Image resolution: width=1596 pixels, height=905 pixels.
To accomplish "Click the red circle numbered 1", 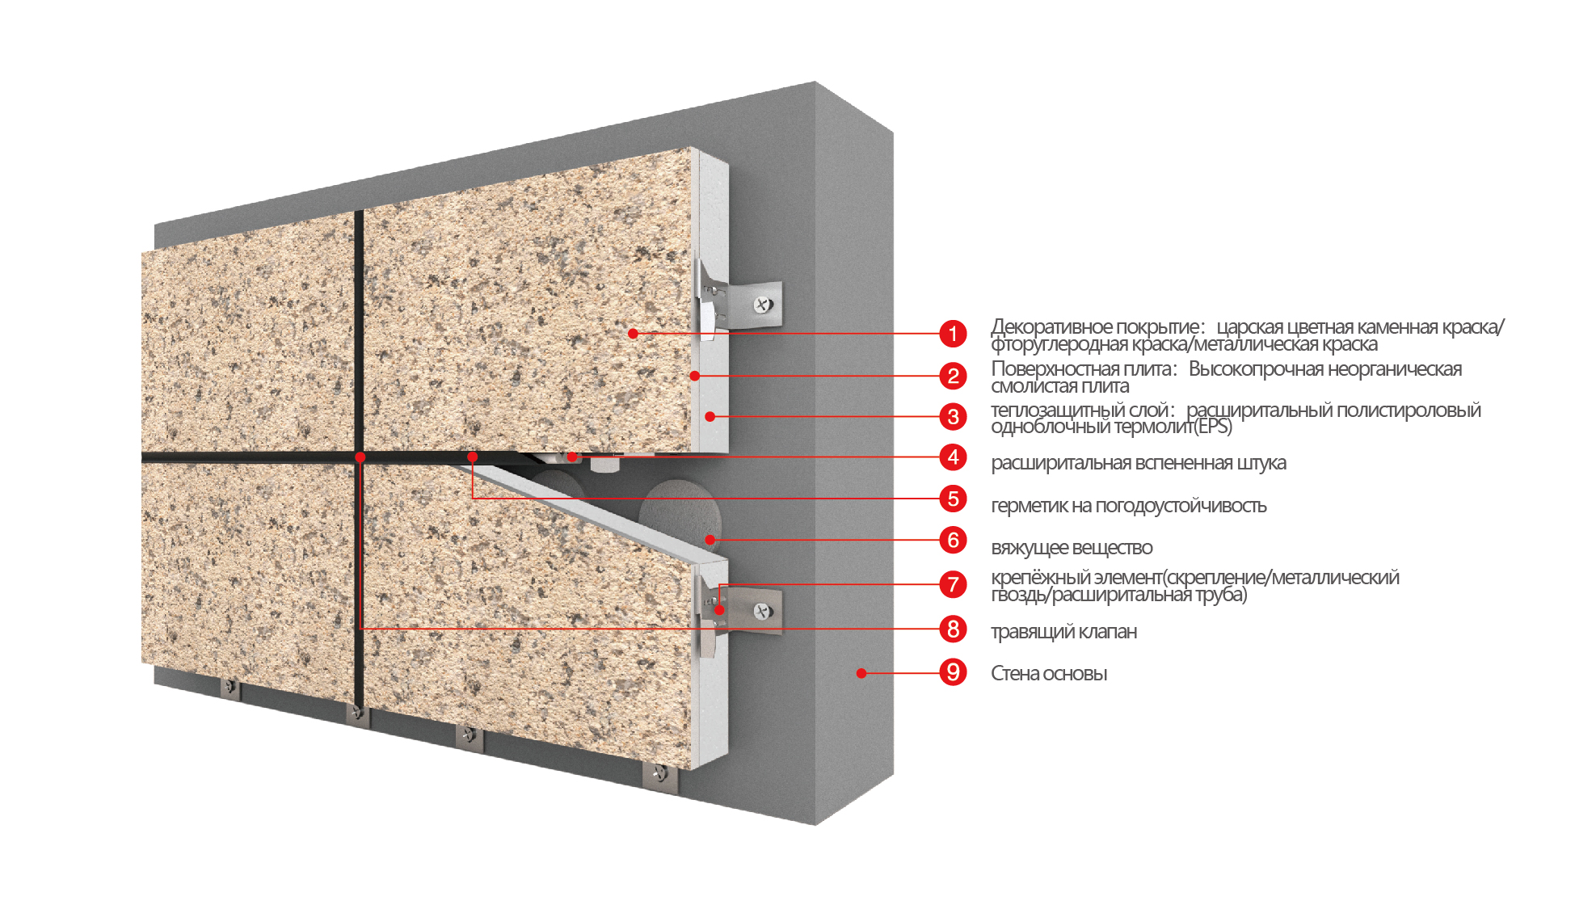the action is (x=954, y=333).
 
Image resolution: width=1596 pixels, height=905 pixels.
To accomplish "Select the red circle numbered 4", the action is (x=954, y=457).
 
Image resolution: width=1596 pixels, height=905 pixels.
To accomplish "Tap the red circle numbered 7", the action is (x=954, y=584).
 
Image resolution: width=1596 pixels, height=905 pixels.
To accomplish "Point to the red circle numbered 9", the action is (x=954, y=672).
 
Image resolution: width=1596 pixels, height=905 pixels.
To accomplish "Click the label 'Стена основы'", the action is (x=1049, y=674).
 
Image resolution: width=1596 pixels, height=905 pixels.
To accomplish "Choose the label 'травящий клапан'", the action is (x=1063, y=632).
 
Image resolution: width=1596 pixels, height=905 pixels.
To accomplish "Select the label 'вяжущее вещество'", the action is (x=1072, y=548).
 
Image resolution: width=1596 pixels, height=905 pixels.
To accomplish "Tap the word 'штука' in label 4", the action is (x=1261, y=464).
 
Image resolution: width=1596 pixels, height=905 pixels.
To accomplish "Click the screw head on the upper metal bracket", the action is (x=763, y=305).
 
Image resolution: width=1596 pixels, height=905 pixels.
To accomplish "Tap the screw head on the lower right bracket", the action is (x=762, y=612).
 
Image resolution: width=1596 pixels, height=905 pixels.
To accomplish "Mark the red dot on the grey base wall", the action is (x=861, y=673).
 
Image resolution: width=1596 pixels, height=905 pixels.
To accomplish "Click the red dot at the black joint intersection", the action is (x=360, y=457).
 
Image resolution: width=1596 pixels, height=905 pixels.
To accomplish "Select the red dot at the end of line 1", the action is (x=634, y=333).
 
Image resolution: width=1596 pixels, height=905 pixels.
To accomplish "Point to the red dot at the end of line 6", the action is (x=710, y=540).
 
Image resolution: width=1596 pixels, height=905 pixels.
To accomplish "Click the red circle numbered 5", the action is (x=954, y=499).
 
